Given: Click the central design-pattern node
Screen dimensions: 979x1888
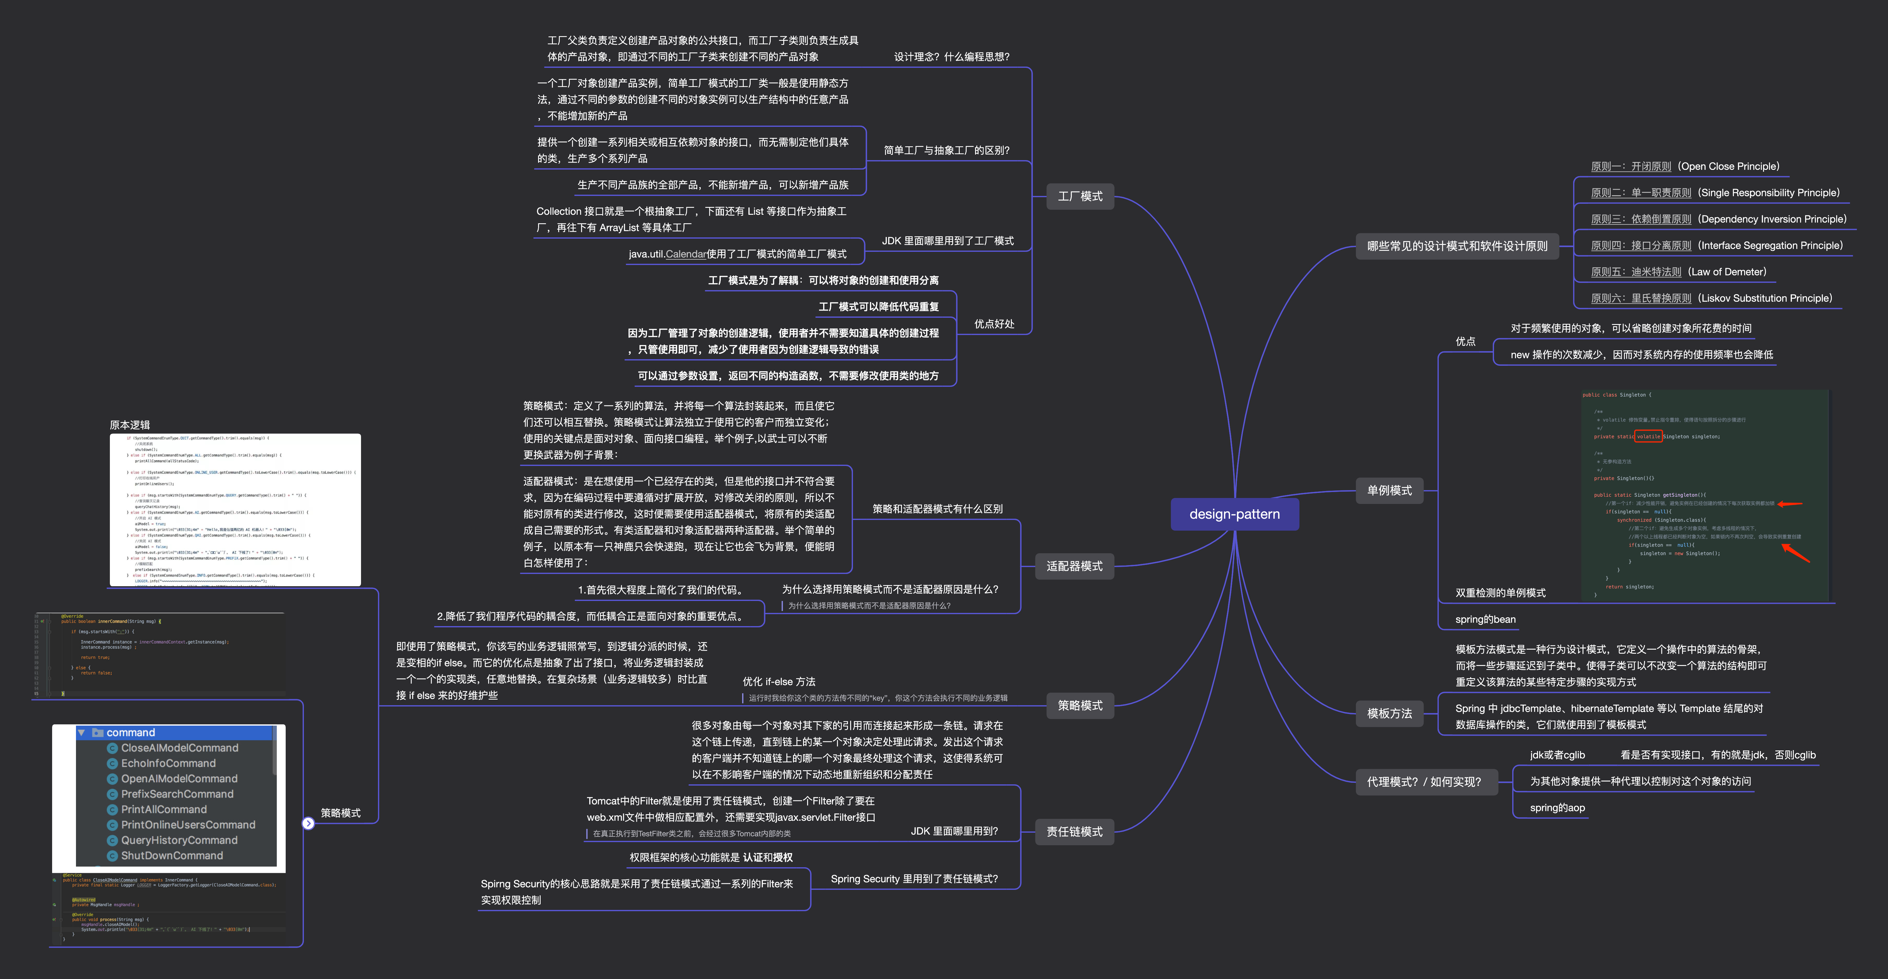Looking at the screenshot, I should click(1234, 514).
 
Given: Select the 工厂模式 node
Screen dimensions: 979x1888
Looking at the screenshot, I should click(1080, 196).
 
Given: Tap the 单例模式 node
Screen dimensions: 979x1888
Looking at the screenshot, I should click(1389, 490).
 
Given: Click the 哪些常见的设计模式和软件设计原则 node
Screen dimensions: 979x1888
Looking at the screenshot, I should click(1457, 246).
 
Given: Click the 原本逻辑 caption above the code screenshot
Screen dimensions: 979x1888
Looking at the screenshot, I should click(130, 425).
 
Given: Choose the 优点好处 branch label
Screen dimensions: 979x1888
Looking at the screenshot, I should click(994, 324).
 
